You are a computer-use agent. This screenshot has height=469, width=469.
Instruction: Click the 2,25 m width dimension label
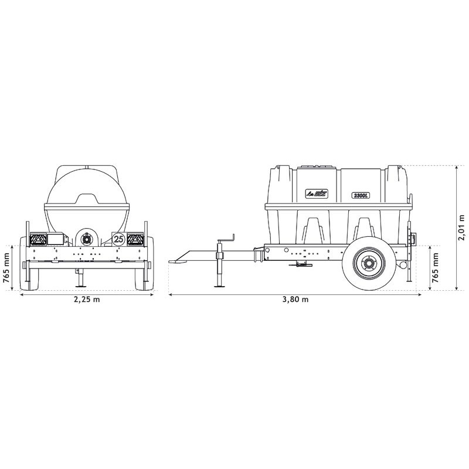[x=86, y=300]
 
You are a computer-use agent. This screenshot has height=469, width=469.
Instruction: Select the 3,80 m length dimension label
[x=295, y=300]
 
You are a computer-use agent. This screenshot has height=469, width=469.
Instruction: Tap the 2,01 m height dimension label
[x=461, y=227]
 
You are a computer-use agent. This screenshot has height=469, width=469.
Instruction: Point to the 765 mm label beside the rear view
[x=6, y=267]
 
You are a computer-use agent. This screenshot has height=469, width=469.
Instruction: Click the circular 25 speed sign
[x=118, y=239]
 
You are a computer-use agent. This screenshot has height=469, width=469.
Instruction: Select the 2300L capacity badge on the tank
[x=360, y=196]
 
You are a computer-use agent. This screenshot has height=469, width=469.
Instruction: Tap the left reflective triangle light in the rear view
[x=38, y=239]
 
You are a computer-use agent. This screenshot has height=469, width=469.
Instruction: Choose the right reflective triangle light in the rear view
[x=136, y=239]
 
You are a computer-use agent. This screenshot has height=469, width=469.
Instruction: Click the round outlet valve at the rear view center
[x=86, y=239]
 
